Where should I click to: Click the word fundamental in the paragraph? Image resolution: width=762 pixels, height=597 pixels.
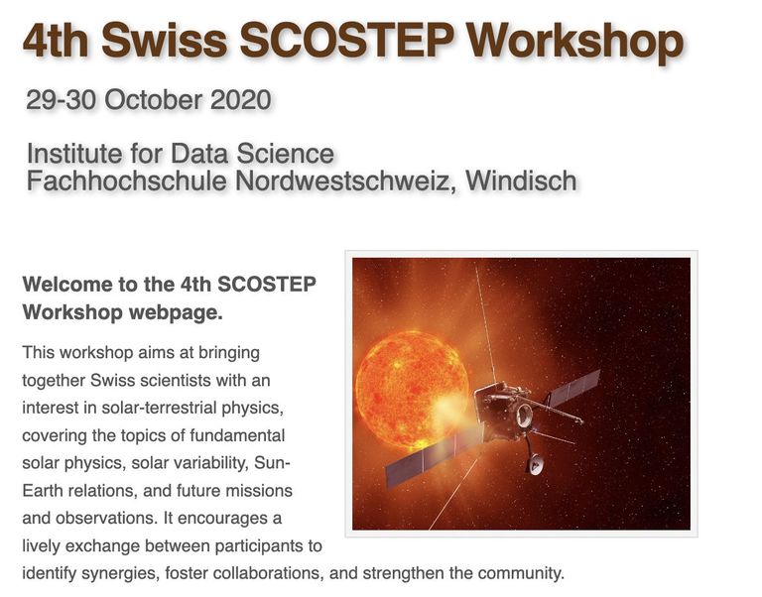pos(237,434)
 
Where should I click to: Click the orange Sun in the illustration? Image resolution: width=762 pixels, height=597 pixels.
pos(410,380)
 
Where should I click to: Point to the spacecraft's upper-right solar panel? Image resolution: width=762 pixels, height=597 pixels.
pos(572,386)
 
